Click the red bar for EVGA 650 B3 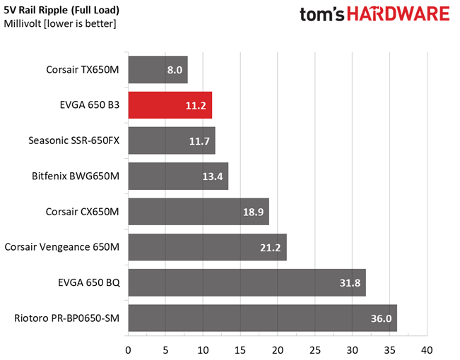pyautogui.click(x=170, y=105)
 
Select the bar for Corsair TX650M pyautogui.click(x=158, y=70)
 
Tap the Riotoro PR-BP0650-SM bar pyautogui.click(x=262, y=318)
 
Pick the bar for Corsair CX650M pyautogui.click(x=198, y=212)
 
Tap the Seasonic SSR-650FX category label pyautogui.click(x=74, y=141)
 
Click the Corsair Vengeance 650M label pyautogui.click(x=62, y=247)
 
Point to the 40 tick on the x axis pyautogui.click(x=427, y=349)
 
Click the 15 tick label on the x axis pyautogui.click(x=240, y=349)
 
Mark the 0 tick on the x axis pyautogui.click(x=128, y=349)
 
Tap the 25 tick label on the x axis pyautogui.click(x=314, y=349)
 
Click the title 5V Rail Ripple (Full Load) pyautogui.click(x=61, y=11)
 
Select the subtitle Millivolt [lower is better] pyautogui.click(x=60, y=24)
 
